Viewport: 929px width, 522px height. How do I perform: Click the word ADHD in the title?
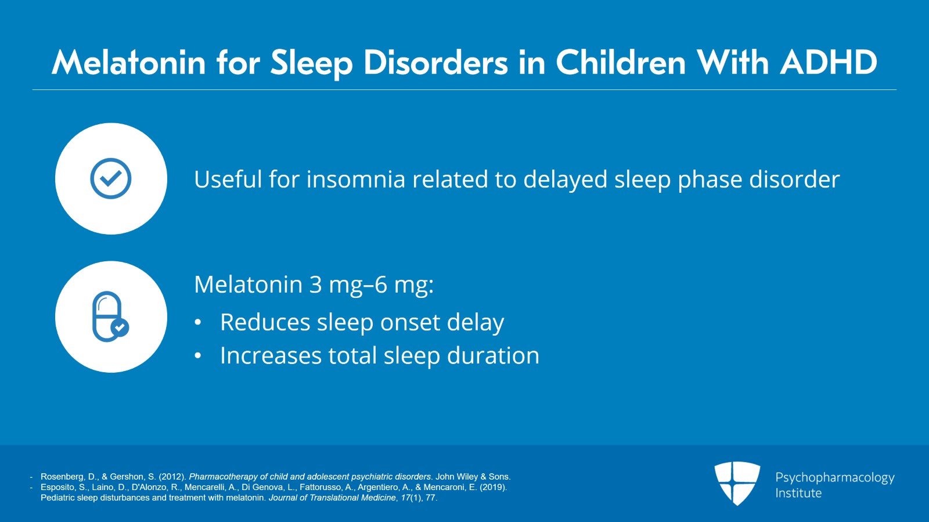click(x=829, y=62)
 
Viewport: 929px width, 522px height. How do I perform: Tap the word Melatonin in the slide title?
click(x=128, y=62)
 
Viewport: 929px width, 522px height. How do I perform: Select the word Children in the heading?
click(x=621, y=62)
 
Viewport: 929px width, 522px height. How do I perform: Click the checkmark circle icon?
click(x=111, y=178)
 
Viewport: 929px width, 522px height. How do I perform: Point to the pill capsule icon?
click(x=110, y=316)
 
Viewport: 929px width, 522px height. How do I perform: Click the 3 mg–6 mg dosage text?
click(x=371, y=285)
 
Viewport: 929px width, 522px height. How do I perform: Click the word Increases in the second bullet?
click(x=271, y=355)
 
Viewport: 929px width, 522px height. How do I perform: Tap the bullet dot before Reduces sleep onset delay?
click(x=198, y=323)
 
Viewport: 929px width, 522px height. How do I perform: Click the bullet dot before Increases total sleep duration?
click(x=198, y=356)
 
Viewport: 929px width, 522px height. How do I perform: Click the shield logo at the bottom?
click(x=737, y=483)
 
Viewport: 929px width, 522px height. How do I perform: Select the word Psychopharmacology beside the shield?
click(x=834, y=477)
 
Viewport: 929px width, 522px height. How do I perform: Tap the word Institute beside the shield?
click(x=798, y=493)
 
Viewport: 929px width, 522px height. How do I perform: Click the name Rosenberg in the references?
click(x=62, y=477)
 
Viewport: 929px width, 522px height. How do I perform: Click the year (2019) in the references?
click(x=493, y=487)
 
